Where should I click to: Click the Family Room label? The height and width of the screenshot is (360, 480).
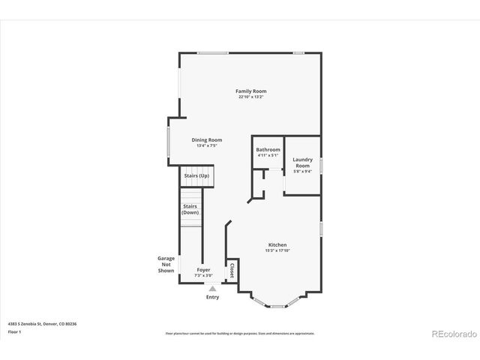250,91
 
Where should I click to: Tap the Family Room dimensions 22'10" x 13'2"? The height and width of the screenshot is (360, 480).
250,97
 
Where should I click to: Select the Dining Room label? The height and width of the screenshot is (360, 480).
206,139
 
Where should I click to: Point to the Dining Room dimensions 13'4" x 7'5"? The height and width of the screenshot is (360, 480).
206,145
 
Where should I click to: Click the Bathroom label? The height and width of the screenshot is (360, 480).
268,149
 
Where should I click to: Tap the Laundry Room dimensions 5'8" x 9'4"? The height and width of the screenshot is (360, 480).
302,171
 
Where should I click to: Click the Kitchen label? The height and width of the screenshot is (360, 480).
277,244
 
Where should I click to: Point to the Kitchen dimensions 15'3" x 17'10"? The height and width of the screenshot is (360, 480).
277,250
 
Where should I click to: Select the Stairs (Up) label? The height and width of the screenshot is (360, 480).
196,175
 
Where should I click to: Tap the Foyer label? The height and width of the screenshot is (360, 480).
203,269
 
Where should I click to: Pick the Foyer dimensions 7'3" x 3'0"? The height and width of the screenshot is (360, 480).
203,275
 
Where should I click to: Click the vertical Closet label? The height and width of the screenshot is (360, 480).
232,271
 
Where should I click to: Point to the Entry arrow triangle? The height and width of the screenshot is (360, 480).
212,288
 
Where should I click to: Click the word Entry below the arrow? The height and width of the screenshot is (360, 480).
212,297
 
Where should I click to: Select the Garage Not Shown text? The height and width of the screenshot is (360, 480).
166,264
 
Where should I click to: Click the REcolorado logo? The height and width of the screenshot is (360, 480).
449,333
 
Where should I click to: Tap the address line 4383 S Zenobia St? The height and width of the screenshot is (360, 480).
42,323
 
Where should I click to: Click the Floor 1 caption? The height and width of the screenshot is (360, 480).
14,331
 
